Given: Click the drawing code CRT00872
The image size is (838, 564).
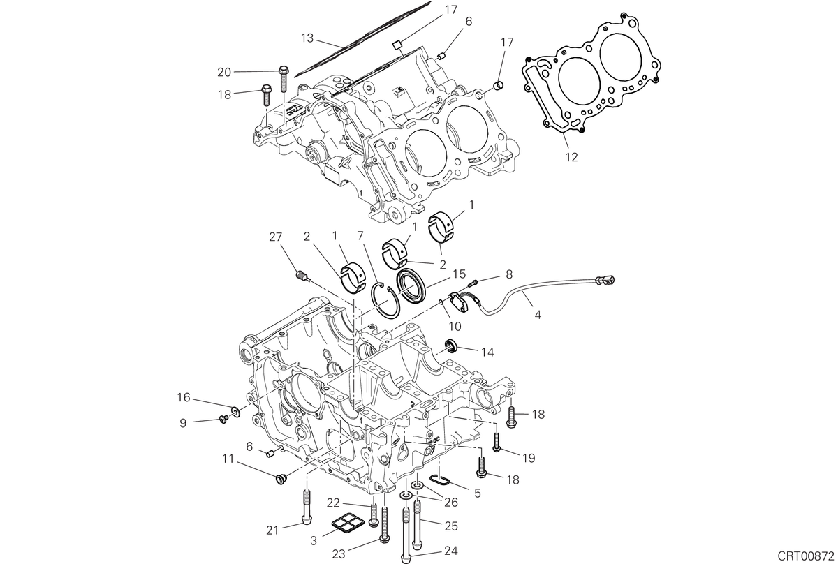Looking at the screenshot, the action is (x=807, y=555).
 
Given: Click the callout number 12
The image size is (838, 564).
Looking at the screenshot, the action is (x=572, y=157).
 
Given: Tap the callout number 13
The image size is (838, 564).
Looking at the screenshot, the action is (x=307, y=38).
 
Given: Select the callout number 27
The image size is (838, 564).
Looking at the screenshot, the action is (x=275, y=237).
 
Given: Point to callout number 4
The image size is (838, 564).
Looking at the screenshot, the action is (x=538, y=315).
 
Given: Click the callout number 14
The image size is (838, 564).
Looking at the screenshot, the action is (x=487, y=352).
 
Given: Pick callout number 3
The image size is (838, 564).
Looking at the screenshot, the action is (x=314, y=540).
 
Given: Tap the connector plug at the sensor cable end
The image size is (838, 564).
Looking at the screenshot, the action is (x=605, y=279).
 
